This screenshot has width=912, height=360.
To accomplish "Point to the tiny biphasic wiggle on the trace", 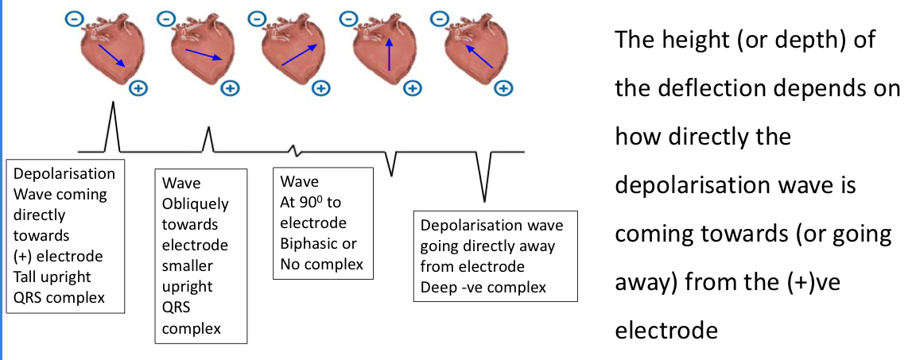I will click(x=295, y=149).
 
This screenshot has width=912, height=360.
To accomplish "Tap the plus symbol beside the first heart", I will click(x=138, y=87).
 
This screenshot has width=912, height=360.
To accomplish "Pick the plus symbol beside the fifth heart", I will click(x=503, y=87).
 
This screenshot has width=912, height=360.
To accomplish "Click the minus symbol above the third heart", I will click(x=257, y=17).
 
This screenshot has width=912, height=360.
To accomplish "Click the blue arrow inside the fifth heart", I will click(x=479, y=56).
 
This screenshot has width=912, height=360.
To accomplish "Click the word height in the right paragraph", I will click(x=697, y=40).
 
